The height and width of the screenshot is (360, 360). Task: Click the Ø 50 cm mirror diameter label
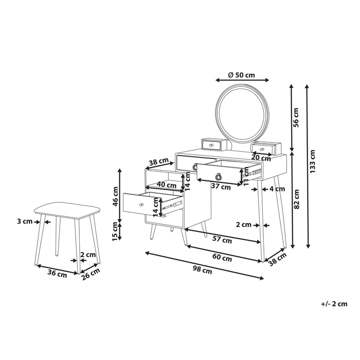(242, 75)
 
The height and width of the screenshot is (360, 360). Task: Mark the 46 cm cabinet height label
(116, 196)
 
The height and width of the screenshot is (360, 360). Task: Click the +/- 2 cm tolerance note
(333, 304)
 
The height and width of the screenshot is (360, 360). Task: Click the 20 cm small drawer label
(261, 158)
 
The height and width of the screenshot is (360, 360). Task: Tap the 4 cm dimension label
(277, 189)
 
